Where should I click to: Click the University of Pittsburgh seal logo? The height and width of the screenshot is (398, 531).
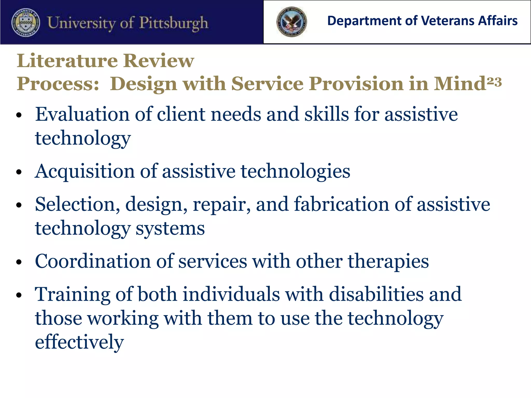(x=26, y=23)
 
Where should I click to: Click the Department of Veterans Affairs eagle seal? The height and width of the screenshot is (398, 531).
(x=292, y=22)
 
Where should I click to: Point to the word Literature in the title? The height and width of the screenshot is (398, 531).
(x=67, y=61)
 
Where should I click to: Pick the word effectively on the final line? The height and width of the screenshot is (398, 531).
(x=79, y=342)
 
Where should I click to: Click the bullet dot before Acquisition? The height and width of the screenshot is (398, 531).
(x=19, y=172)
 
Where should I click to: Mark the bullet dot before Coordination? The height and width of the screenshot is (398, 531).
(x=19, y=262)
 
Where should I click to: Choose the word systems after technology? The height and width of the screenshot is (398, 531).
(x=170, y=229)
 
